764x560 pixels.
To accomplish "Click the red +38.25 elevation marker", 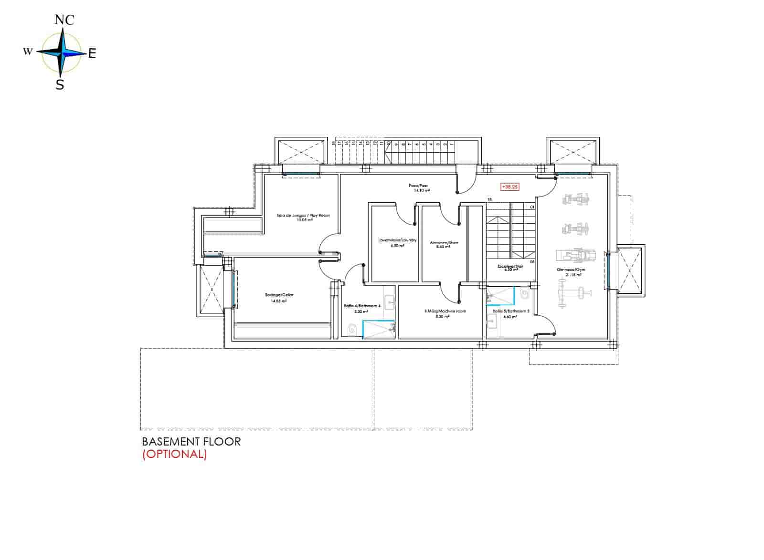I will (x=509, y=187).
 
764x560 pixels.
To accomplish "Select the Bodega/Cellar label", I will (x=276, y=295).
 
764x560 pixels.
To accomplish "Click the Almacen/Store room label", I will (x=444, y=243).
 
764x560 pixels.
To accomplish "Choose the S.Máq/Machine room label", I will (x=445, y=311).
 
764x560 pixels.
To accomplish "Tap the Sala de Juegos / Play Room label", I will (x=303, y=216).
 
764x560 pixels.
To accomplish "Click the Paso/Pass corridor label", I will (x=418, y=186).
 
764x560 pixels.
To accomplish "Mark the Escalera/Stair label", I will (x=510, y=267).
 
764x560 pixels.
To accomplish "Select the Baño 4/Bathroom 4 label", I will (x=362, y=306).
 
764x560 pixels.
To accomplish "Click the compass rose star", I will (x=61, y=52).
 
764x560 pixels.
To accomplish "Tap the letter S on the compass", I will (x=60, y=85).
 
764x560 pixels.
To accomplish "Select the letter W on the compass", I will (x=28, y=51).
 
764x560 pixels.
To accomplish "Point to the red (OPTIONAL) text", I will (x=174, y=454).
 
